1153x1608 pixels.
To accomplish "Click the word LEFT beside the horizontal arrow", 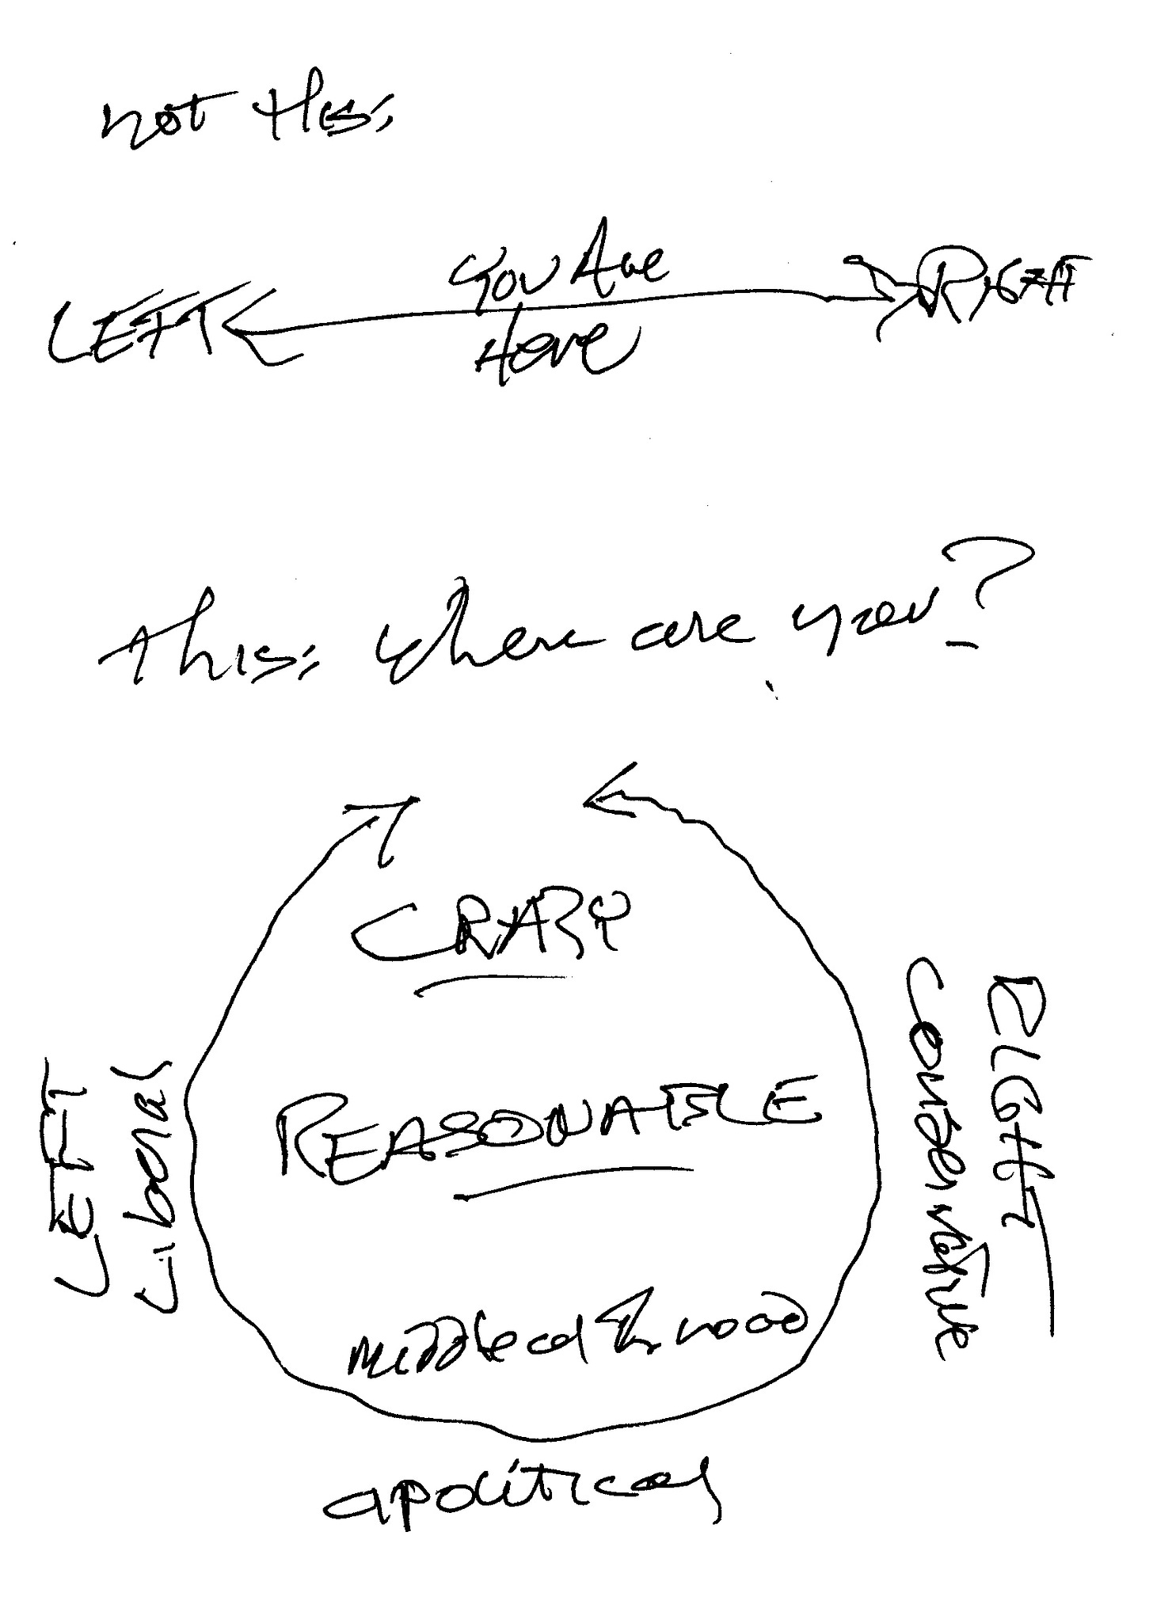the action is click(131, 336).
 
